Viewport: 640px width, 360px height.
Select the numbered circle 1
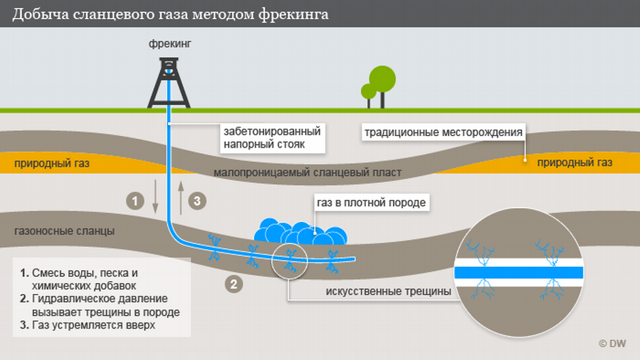135,201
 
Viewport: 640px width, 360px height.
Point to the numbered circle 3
196,201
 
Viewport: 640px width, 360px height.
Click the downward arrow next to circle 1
155,195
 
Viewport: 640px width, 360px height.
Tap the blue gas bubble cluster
300,232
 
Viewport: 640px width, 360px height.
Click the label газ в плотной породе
370,203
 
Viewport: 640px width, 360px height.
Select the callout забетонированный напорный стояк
271,137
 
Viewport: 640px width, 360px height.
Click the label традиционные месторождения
443,132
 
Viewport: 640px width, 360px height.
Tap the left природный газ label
51,163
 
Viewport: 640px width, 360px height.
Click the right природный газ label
575,163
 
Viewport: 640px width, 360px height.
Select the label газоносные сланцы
64,231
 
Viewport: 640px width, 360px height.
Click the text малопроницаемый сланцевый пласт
307,173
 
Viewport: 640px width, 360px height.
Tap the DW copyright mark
612,344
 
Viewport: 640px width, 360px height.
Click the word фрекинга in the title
294,14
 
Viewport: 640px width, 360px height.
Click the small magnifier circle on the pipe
289,258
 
